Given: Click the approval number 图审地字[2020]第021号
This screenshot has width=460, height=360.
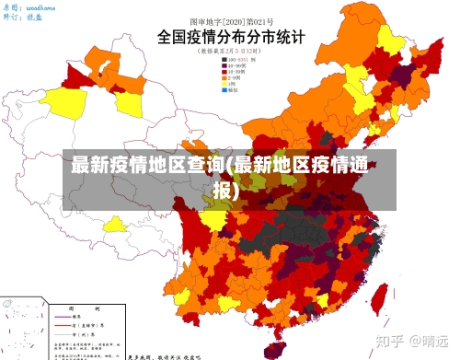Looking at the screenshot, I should (x=230, y=20).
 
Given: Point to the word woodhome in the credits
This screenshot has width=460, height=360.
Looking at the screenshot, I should (x=40, y=6).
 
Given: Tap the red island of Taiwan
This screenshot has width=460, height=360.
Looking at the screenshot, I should (x=377, y=296).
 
